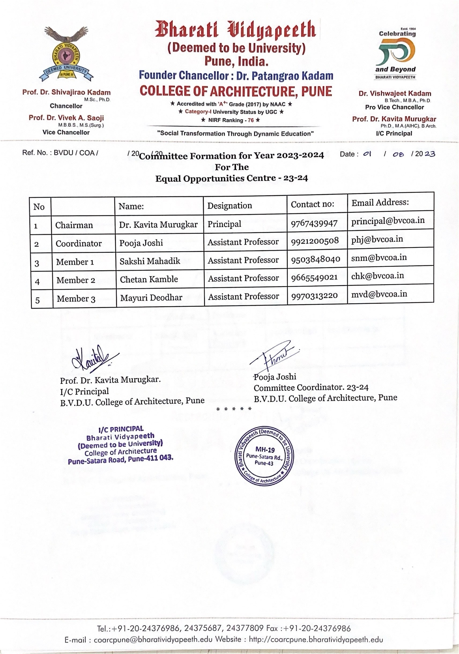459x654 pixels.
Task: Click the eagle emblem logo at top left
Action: coord(66,53)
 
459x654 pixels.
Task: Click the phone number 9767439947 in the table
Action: coord(314,223)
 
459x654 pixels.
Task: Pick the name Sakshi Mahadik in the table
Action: coord(150,261)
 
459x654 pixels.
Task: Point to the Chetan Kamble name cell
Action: coord(149,280)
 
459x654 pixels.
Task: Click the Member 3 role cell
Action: coord(76,299)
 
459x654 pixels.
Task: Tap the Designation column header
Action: coord(230,206)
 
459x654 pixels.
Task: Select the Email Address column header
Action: coord(380,203)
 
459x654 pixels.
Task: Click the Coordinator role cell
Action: coord(79,244)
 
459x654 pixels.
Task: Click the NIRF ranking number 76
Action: coord(251,120)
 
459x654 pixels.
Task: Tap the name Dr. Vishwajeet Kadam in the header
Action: coord(395,93)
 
